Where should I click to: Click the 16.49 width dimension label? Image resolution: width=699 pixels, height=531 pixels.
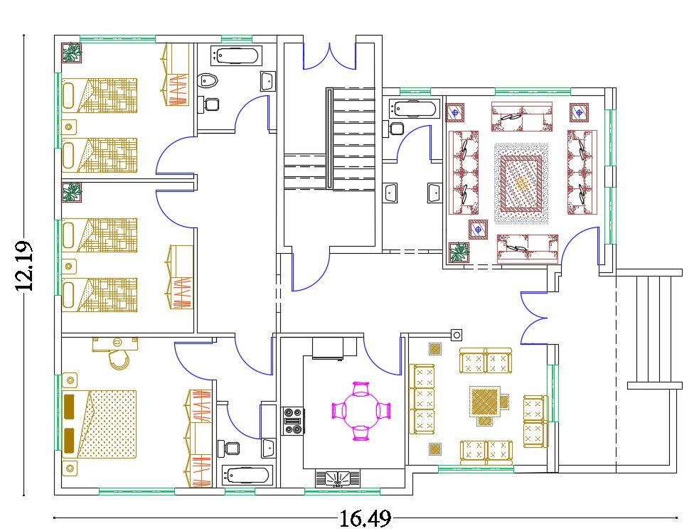[x=364, y=519]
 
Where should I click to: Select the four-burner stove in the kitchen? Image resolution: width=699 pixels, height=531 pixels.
[x=293, y=420]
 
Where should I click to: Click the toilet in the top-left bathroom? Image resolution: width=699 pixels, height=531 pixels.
[x=206, y=80]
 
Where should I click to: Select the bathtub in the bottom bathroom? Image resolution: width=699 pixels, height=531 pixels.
[x=246, y=475]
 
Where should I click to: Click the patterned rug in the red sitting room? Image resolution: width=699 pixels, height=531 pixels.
[x=521, y=183]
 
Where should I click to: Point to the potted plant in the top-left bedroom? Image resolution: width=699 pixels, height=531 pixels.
[x=72, y=53]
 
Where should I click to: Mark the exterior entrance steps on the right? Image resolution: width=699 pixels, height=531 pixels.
[x=653, y=328]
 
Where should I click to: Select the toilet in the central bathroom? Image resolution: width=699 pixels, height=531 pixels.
[x=395, y=129]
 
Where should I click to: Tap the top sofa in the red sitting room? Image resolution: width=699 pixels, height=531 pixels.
[x=522, y=116]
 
